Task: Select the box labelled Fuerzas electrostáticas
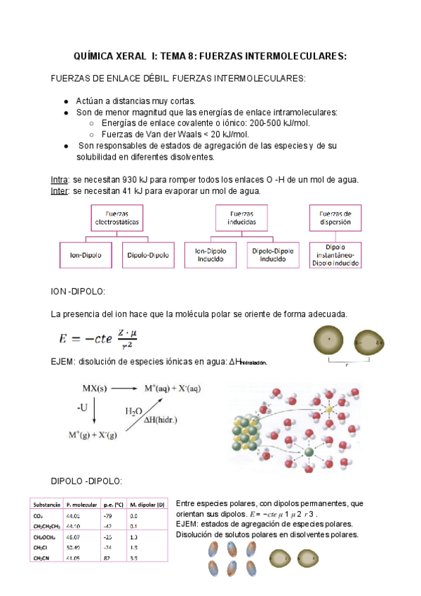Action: [117, 217]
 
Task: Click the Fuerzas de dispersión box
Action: [340, 217]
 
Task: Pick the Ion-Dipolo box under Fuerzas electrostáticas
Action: [86, 255]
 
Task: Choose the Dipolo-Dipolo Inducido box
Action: [272, 254]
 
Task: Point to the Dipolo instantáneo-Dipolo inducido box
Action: [340, 255]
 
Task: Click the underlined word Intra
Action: [60, 180]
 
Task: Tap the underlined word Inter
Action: [60, 190]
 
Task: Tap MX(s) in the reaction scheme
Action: [94, 388]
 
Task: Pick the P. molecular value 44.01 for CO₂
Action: [74, 515]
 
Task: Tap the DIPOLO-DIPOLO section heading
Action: [87, 481]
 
